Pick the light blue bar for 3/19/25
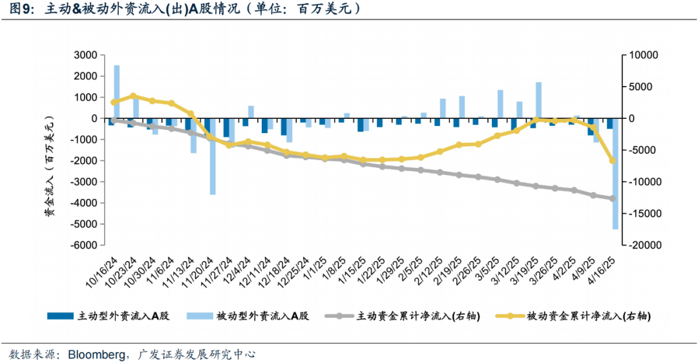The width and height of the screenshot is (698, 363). click(538, 100)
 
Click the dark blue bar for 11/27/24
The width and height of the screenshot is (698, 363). click(226, 128)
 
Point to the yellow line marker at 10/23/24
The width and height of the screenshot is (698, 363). click(133, 96)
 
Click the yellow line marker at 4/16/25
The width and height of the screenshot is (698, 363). click(613, 160)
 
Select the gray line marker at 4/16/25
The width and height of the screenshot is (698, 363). click(613, 198)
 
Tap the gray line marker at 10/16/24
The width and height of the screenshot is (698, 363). click(114, 120)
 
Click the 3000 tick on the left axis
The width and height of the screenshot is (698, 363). click(84, 55)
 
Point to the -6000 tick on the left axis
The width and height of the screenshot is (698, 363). click(83, 245)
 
